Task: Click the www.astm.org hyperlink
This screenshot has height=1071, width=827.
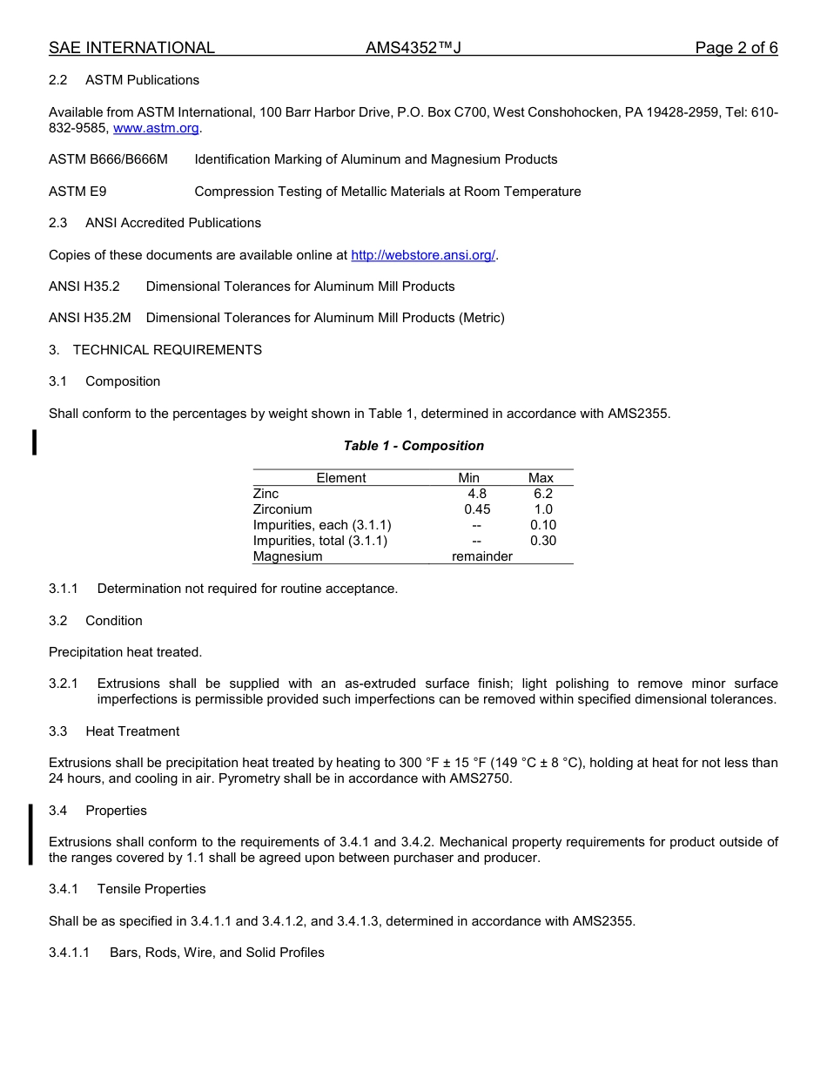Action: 157,128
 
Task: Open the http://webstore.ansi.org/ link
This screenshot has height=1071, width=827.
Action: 423,255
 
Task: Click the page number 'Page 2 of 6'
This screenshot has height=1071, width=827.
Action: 736,48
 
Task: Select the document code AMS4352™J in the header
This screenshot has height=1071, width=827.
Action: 413,48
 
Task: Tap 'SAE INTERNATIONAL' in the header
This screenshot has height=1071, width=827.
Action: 131,48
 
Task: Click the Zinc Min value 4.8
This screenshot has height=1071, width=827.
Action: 477,494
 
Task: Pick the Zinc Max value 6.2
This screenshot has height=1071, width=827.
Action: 542,494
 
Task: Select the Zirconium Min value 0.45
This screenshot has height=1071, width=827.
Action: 477,509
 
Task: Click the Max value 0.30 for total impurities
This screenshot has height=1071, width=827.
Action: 542,541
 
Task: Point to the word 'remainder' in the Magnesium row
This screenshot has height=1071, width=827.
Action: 481,556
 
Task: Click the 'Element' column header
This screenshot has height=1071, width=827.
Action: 340,478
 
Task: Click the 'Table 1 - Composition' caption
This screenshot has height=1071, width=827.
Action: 413,446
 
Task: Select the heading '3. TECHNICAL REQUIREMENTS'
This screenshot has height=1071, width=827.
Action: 155,350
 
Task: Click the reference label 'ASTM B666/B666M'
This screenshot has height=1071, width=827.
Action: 108,159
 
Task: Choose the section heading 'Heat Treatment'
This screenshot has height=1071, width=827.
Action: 132,731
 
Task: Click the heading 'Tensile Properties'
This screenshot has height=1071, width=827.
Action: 151,889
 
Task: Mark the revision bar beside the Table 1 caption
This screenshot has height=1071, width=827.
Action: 34,442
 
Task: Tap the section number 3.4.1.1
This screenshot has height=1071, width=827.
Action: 69,953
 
